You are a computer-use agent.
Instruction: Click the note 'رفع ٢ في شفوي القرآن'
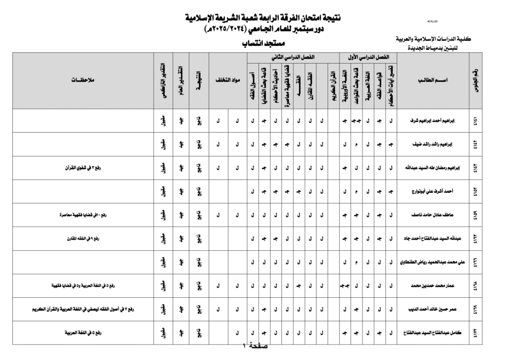83,168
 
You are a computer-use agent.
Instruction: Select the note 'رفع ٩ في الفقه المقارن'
83,239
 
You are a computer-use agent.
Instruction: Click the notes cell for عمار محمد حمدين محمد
83,286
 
